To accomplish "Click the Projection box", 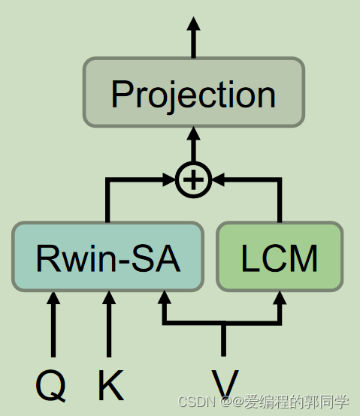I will [193, 92].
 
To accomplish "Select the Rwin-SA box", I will [107, 256].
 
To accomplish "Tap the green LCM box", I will [280, 256].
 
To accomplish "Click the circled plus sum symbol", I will [193, 179].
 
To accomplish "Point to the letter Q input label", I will [50, 385].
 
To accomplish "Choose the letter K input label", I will [110, 385].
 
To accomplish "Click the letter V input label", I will [224, 384].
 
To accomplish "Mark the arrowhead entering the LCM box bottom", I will [280, 300].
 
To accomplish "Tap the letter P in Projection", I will [121, 94].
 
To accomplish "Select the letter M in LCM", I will [302, 258].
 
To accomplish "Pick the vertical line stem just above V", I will [224, 342].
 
